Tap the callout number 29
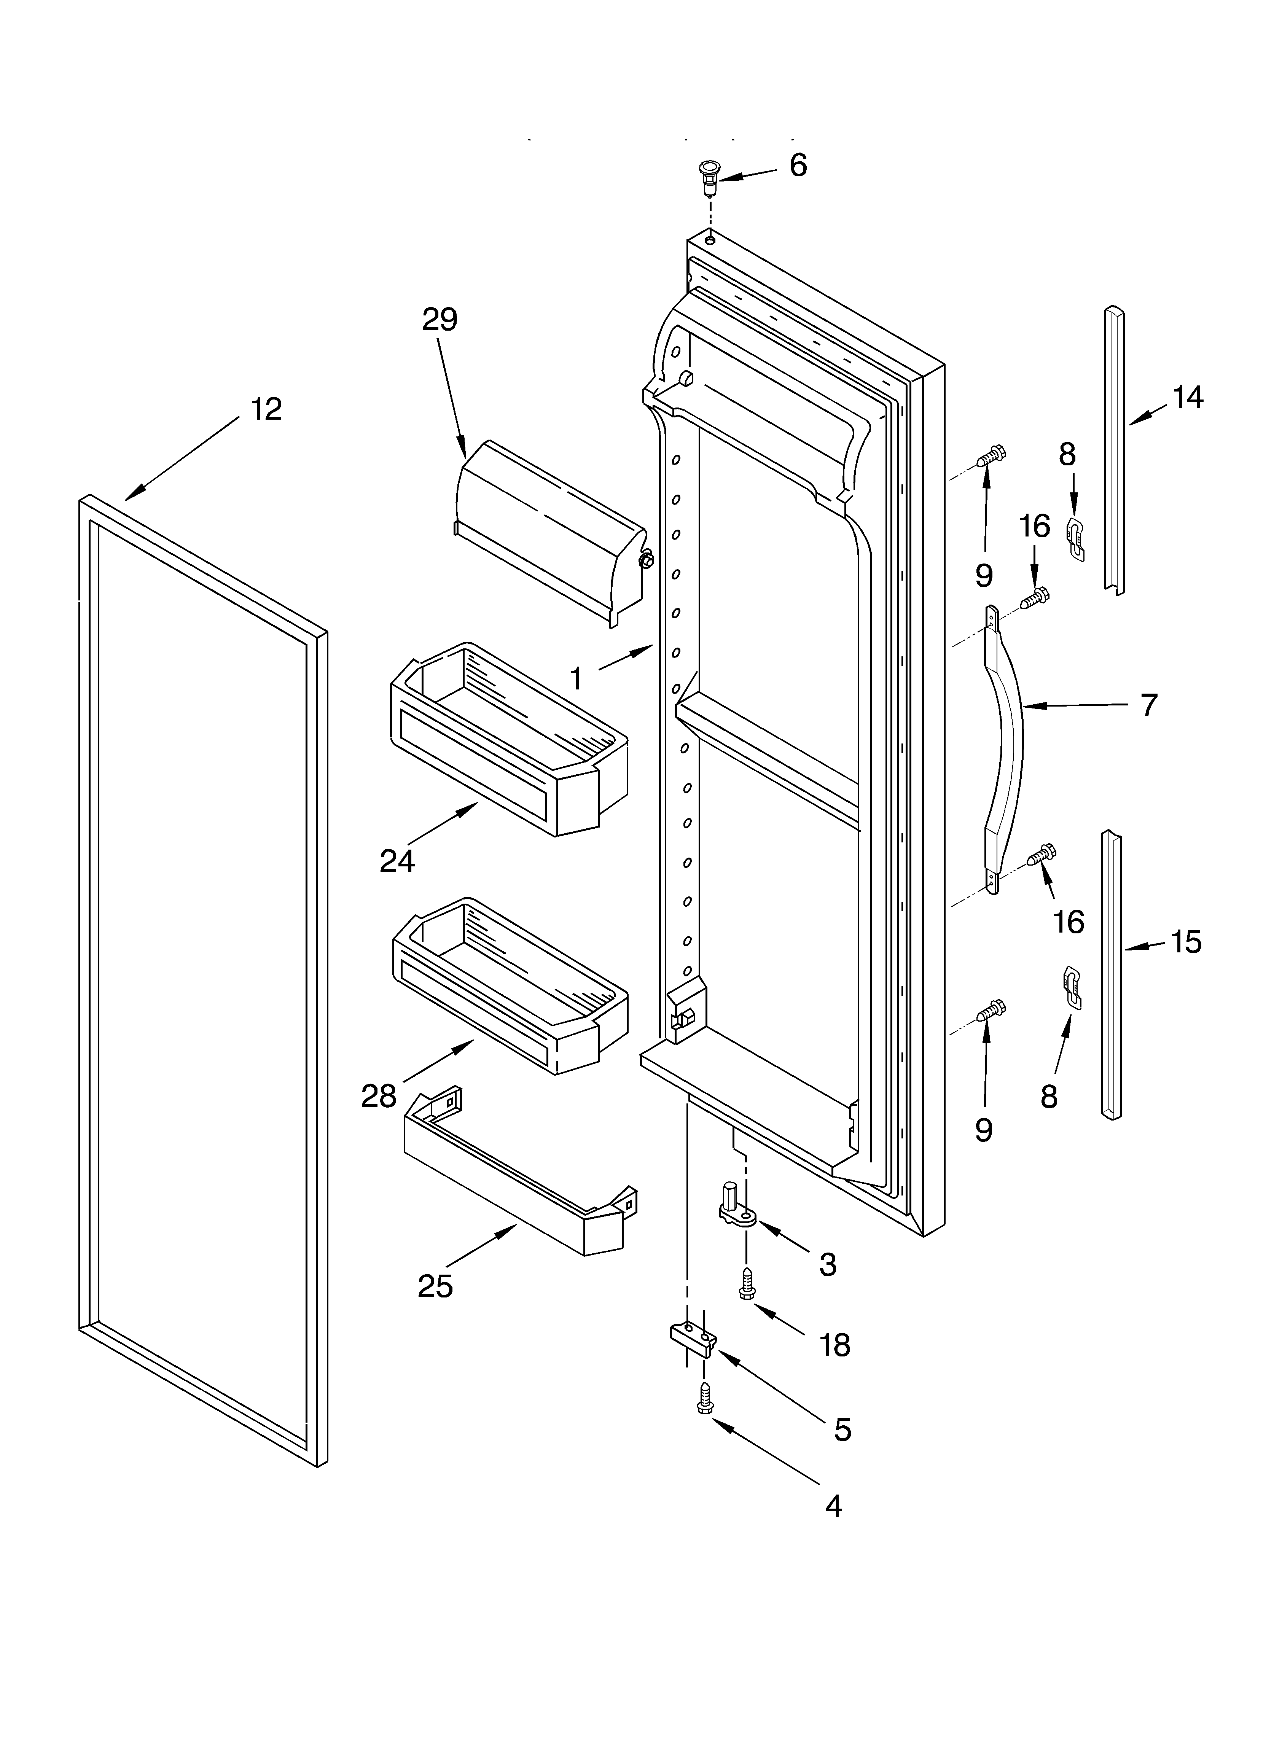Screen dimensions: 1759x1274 (x=440, y=320)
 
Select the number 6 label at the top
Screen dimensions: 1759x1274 (x=798, y=165)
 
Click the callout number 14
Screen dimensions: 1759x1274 (x=1187, y=397)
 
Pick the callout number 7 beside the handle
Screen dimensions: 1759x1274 (x=1149, y=705)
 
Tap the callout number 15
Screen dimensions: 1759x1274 (x=1186, y=942)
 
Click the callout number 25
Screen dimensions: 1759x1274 (x=435, y=1286)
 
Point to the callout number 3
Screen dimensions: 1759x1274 (x=828, y=1264)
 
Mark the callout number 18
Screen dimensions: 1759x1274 (x=835, y=1345)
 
